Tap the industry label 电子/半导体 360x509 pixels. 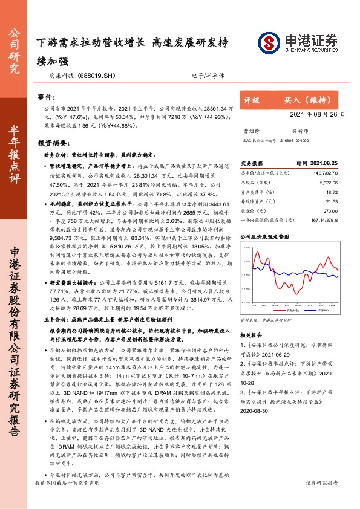[x=212, y=76]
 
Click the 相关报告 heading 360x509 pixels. [x=250, y=334]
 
